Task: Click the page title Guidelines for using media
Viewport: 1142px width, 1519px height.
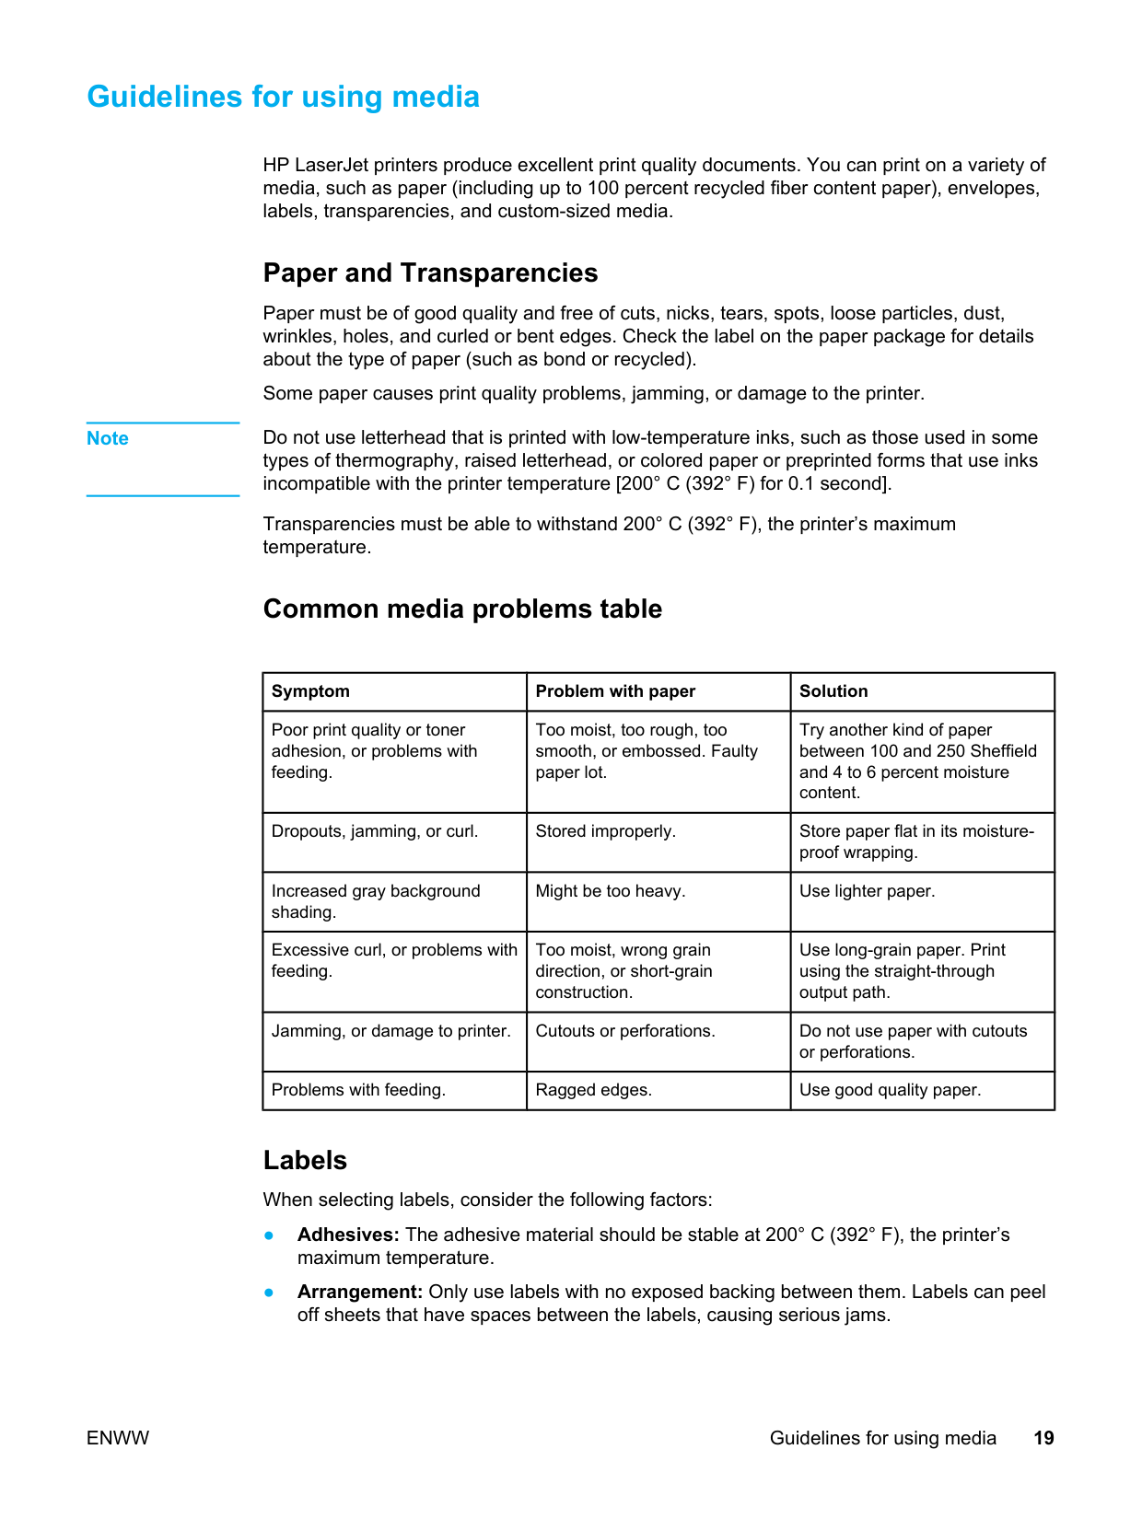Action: coord(283,97)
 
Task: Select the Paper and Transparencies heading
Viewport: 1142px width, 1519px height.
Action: coord(430,272)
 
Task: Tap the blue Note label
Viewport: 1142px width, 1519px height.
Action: coord(108,438)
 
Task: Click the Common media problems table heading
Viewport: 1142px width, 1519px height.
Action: coord(462,609)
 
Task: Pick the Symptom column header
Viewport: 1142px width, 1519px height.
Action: coord(310,691)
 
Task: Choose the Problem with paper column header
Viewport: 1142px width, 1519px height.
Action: coord(615,691)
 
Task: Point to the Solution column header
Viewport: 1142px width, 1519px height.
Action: coord(833,691)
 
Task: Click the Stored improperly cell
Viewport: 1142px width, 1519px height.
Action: coord(605,831)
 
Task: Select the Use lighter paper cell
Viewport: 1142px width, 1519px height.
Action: coord(867,891)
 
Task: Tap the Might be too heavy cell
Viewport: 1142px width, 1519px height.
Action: coord(610,891)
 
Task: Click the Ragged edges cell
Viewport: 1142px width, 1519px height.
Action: coord(593,1090)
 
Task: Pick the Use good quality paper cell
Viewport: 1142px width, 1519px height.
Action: coord(890,1090)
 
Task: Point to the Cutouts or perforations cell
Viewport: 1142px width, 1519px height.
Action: coord(624,1031)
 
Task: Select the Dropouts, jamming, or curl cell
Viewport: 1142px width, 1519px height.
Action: coord(375,831)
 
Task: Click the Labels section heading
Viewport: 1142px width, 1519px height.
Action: coord(305,1160)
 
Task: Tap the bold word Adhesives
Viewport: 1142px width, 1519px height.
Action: coord(348,1235)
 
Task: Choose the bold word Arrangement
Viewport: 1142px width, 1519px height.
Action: coord(359,1292)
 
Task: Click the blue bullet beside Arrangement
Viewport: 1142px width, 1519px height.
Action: coord(269,1292)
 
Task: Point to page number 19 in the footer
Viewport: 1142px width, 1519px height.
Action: coord(1043,1438)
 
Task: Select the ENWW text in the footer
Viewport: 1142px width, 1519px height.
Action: coord(118,1438)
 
